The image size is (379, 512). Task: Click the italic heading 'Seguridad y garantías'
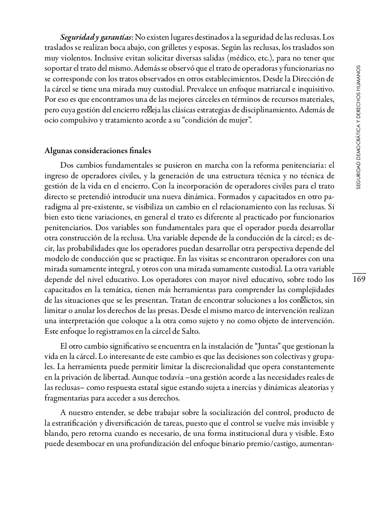[96, 38]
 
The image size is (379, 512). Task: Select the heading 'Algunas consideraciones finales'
[98, 151]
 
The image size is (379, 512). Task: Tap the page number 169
[359, 279]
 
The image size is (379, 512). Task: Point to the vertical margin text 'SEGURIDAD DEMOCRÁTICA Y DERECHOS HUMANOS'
[359, 127]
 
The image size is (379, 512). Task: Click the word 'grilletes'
[175, 48]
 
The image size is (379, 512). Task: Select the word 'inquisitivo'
[315, 89]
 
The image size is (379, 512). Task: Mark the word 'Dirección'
[309, 79]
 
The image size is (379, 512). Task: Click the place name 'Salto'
[189, 331]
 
